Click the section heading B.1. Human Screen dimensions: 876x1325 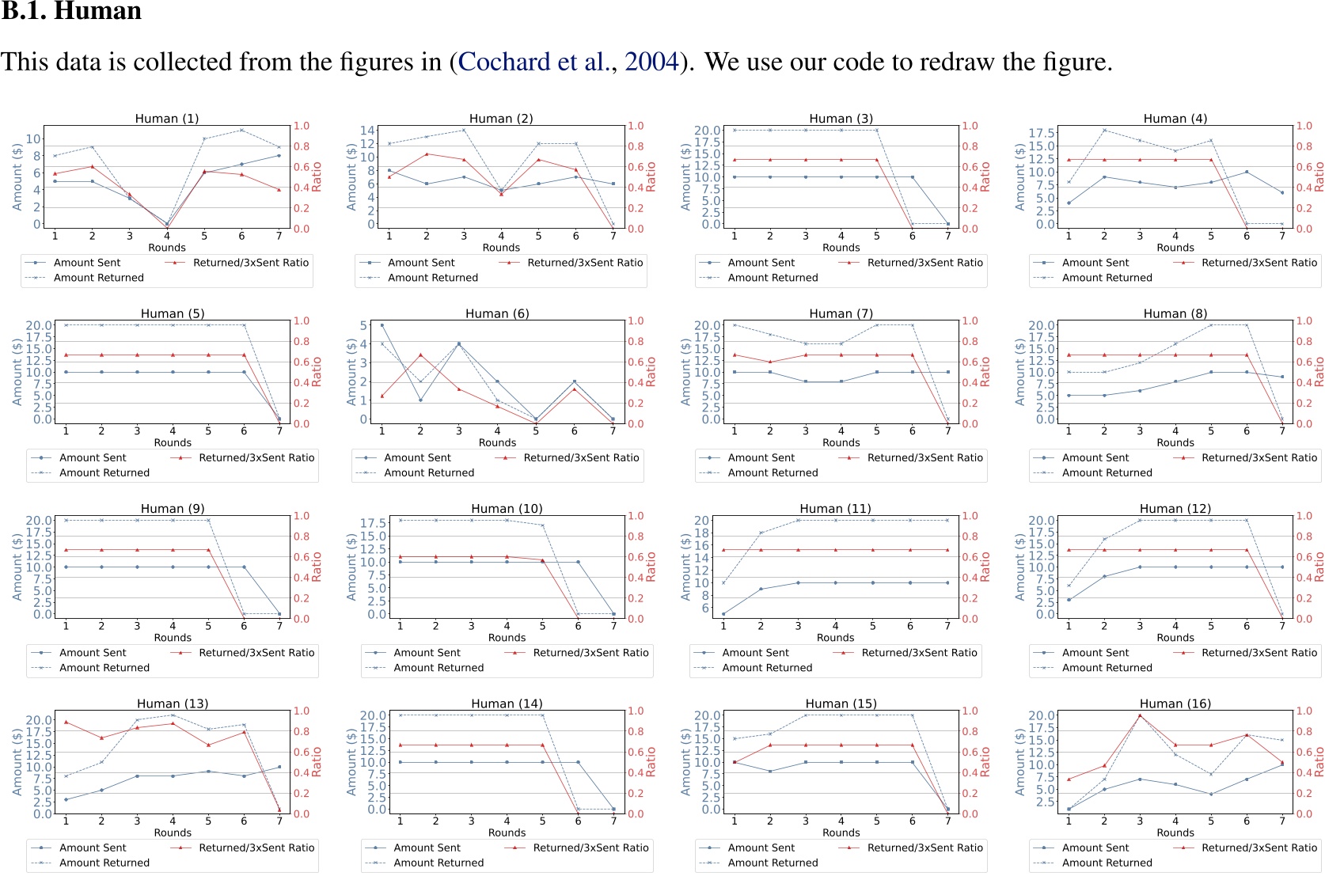coord(71,11)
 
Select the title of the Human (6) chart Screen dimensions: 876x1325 coord(497,313)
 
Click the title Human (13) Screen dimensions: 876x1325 coord(173,703)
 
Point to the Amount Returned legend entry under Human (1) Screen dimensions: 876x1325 coord(98,278)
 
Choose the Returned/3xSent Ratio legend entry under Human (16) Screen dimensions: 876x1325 coord(1259,848)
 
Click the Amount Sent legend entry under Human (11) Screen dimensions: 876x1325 coord(755,653)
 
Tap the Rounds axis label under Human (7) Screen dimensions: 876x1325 coord(841,442)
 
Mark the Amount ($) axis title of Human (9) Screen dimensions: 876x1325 coord(17,567)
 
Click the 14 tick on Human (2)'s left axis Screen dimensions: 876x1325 coord(367,131)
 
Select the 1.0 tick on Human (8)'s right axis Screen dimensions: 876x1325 coord(1304,320)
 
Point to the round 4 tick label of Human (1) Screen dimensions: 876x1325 coord(167,236)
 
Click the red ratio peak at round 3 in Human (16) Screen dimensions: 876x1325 coord(1140,715)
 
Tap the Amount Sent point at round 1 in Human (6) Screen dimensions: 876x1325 coord(382,325)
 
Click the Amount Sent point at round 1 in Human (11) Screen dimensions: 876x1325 coord(723,613)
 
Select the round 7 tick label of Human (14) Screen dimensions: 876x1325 coord(613,821)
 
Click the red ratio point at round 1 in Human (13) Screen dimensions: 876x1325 coord(66,722)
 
